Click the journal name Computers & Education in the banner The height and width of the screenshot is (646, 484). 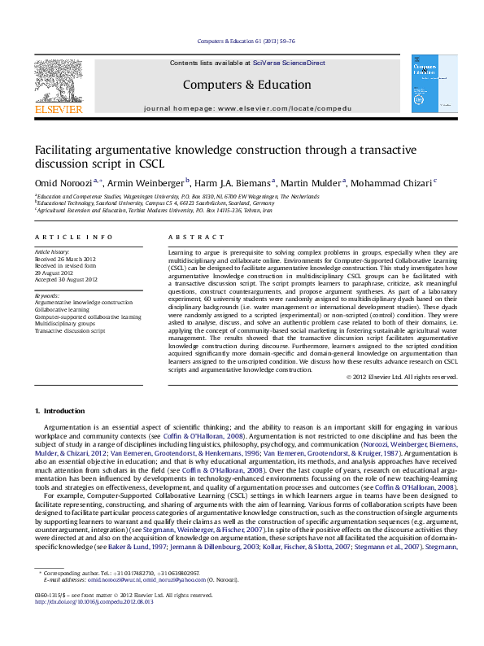pyautogui.click(x=246, y=85)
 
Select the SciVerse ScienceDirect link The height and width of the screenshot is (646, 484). pyautogui.click(x=288, y=63)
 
